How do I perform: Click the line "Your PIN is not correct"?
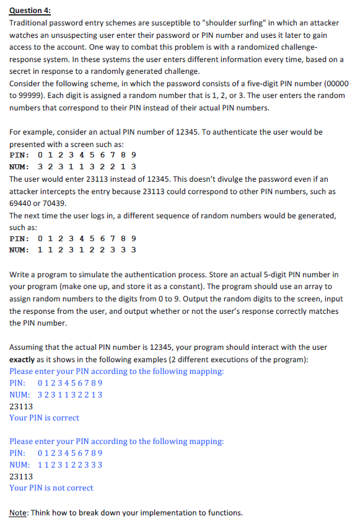tap(51, 488)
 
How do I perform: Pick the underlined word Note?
tap(19, 513)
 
